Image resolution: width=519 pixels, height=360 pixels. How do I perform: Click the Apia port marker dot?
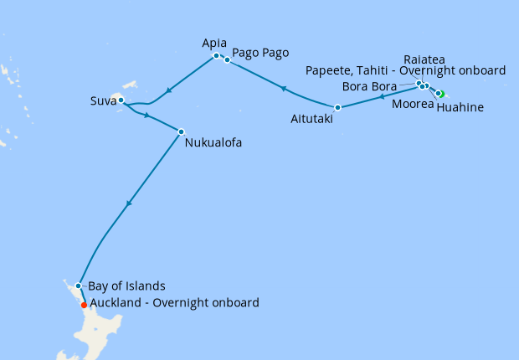[216, 56]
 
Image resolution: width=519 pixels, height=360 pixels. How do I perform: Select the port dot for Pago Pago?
[227, 59]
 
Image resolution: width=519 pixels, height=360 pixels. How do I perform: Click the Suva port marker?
[121, 100]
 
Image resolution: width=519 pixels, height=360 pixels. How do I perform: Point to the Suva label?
[104, 102]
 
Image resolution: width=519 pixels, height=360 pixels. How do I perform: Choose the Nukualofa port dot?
[181, 131]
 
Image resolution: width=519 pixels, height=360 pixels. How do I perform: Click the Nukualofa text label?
[213, 143]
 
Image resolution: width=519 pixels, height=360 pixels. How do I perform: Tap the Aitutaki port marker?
[337, 107]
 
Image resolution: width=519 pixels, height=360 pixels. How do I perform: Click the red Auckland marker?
[83, 306]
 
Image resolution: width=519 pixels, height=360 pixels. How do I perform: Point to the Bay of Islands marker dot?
[78, 285]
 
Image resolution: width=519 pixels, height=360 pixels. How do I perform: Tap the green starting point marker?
[440, 94]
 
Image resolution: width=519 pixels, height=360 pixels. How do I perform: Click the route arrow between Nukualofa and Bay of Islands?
[128, 203]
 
